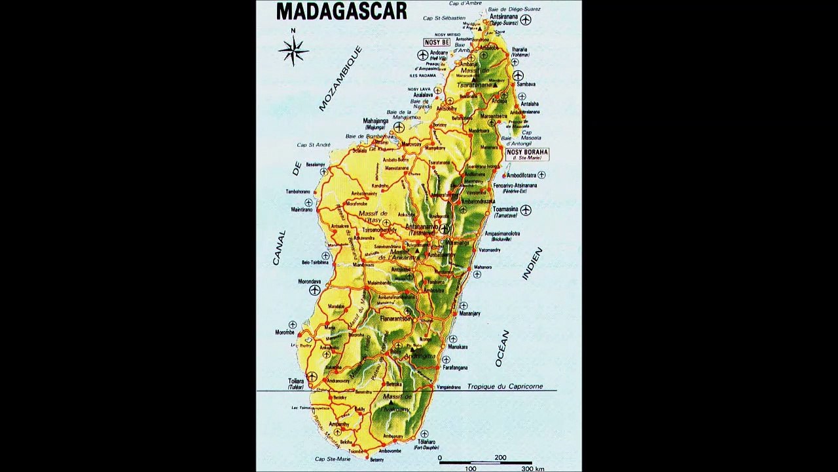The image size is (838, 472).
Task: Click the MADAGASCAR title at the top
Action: [341, 11]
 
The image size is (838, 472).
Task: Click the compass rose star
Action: [293, 50]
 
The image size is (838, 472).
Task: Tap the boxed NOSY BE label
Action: [437, 43]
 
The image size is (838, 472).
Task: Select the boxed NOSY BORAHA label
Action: [527, 153]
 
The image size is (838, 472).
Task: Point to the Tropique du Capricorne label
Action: [505, 387]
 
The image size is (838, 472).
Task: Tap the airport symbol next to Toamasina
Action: [526, 210]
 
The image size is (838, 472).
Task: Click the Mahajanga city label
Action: [376, 121]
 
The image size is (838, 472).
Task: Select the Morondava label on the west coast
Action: [310, 282]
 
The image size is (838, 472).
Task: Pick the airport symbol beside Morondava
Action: [315, 290]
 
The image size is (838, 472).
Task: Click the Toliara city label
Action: [296, 381]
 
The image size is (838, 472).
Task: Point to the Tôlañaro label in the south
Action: [426, 442]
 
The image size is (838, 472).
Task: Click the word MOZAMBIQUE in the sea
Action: [340, 78]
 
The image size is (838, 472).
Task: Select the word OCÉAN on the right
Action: [502, 348]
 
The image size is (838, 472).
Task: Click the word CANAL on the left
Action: [280, 248]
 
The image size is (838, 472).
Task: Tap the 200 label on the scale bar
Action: [500, 458]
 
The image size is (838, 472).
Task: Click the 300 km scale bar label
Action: [532, 469]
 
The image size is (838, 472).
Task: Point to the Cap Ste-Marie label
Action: [333, 459]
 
